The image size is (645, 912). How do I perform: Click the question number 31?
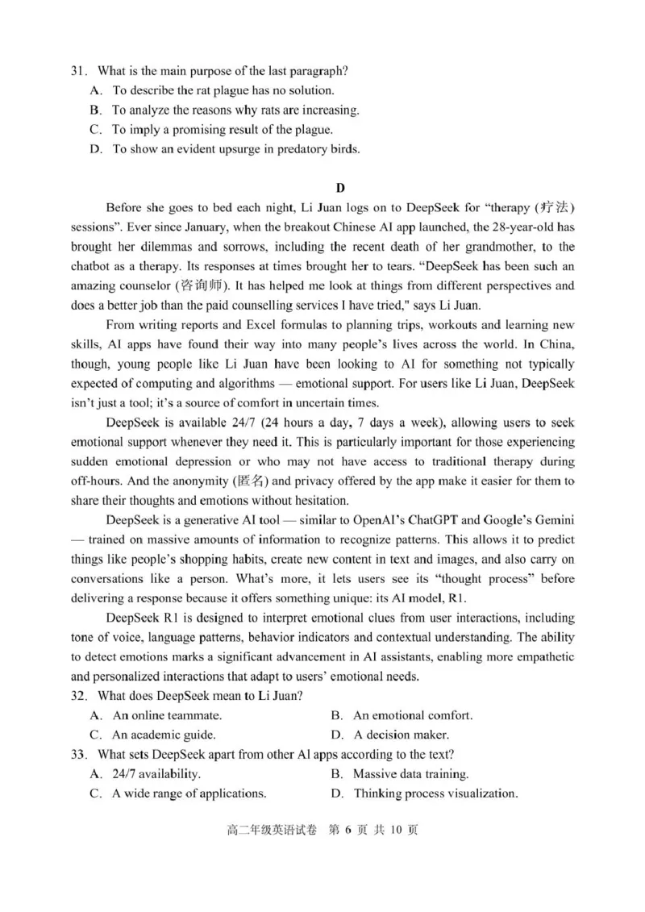(77, 71)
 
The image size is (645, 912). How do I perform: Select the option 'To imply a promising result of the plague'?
(222, 129)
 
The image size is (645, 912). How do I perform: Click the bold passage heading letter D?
(339, 188)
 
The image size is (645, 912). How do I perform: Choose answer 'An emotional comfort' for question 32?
(412, 715)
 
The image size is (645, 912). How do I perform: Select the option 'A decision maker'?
(401, 735)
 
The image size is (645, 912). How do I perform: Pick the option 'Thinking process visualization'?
(435, 793)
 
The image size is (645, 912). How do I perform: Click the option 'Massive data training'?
(410, 774)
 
